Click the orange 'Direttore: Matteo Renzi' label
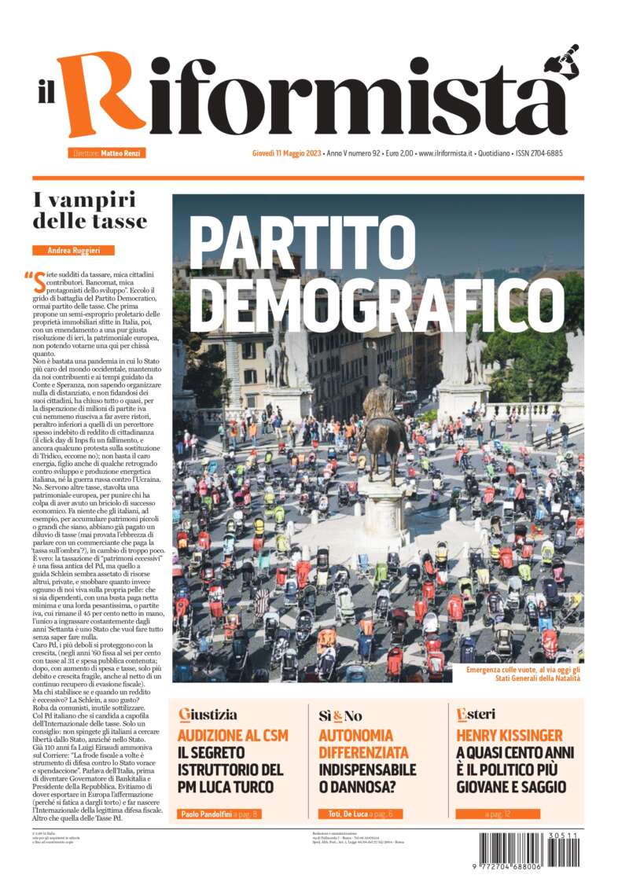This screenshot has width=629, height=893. point(107,153)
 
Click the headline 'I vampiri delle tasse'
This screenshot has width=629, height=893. point(90,211)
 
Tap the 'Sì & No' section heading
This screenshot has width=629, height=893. point(340,715)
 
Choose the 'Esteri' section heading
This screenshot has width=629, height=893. point(476,715)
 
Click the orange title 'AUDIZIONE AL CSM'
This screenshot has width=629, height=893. point(232,737)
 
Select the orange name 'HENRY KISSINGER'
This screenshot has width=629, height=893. point(509,737)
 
